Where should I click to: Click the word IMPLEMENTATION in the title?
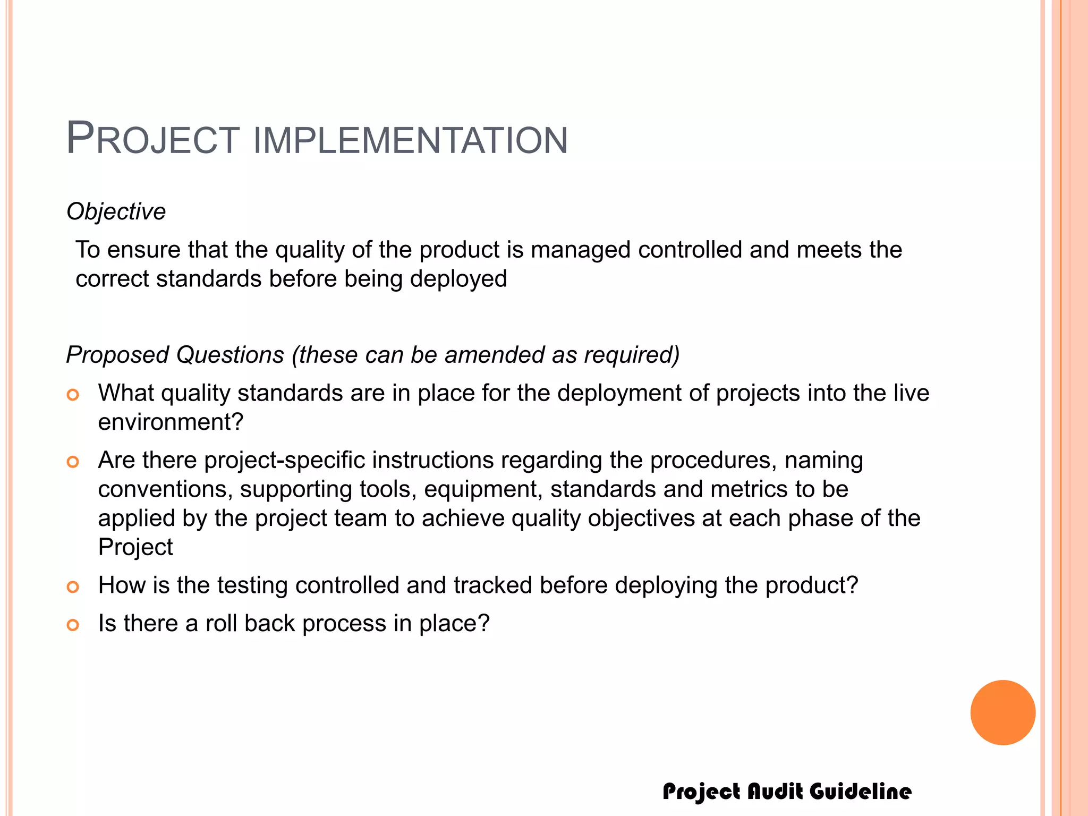pos(410,141)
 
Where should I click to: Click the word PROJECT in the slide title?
pos(153,139)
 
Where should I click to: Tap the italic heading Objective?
pos(116,211)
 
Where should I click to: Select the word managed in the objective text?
pos(581,250)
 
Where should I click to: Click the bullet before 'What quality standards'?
pos(73,395)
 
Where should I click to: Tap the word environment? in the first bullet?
pos(171,422)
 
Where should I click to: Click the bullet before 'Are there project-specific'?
pos(73,462)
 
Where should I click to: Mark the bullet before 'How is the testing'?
pos(73,587)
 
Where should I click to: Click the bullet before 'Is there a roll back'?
pos(73,625)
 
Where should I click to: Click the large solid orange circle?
pos(1002,712)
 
